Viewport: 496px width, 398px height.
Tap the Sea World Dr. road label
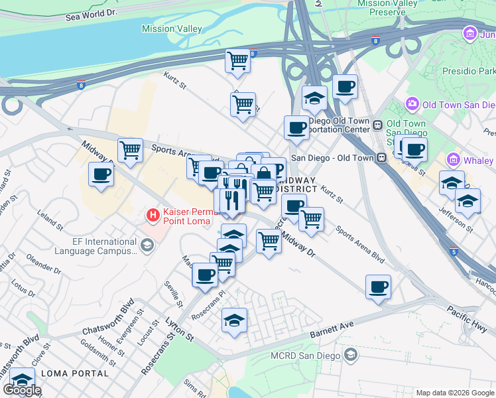(91, 14)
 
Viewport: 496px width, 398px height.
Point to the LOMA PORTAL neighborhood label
(74, 373)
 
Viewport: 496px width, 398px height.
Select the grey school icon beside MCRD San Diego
(351, 356)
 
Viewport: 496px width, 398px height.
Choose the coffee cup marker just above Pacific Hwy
(378, 287)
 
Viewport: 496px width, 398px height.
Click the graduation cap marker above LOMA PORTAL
(22, 380)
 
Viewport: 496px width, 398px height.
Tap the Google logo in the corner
(22, 390)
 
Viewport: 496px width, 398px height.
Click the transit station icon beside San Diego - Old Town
(381, 158)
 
